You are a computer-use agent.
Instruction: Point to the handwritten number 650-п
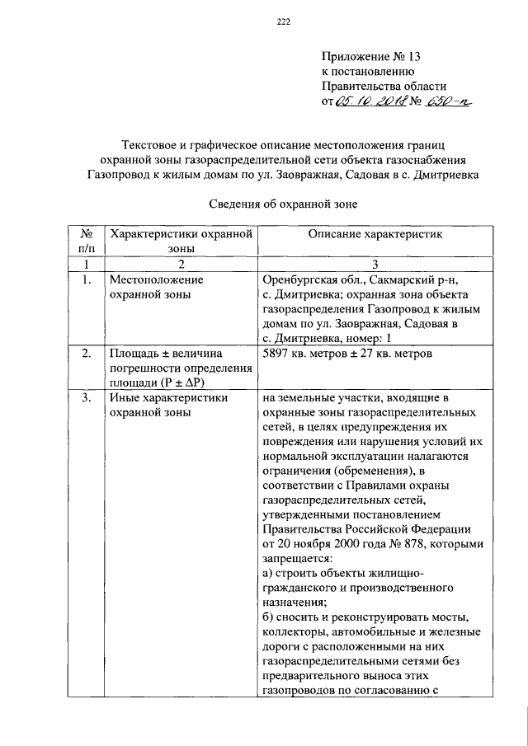[x=455, y=101]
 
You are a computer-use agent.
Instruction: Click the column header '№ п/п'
[x=86, y=241]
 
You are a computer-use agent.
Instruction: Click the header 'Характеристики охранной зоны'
[x=180, y=241]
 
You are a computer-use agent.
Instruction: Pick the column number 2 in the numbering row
[x=180, y=264]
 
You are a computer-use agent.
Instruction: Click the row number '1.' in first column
[x=86, y=279]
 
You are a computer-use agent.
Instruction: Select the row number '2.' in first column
[x=86, y=354]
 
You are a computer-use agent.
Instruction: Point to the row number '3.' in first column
[x=86, y=398]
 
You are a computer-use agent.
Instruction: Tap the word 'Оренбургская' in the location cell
[x=299, y=279]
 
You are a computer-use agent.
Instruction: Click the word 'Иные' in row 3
[x=125, y=398]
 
